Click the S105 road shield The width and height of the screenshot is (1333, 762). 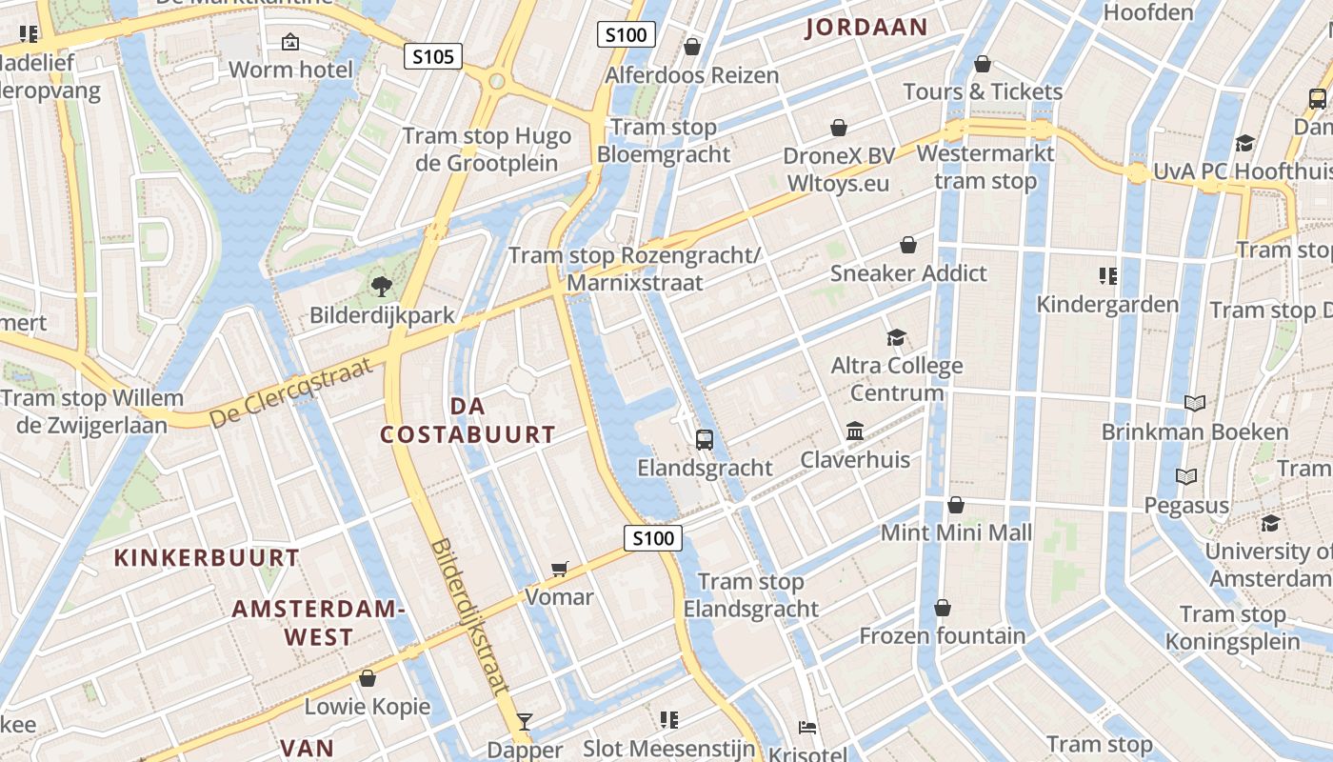(432, 57)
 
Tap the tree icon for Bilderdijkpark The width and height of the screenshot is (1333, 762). (381, 285)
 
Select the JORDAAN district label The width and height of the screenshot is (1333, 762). (865, 28)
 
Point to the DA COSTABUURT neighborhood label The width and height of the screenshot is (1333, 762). (468, 420)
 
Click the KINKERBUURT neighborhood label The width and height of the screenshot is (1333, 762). (207, 557)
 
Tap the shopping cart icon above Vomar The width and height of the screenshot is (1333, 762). (560, 569)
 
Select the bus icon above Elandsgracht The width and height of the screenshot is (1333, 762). (705, 439)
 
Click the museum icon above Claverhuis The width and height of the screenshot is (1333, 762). (855, 431)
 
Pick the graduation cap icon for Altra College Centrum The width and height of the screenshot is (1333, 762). (896, 337)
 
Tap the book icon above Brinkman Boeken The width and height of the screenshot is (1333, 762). (1194, 403)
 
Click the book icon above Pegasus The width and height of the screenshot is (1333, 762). (1186, 476)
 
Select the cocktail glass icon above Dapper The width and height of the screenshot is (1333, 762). (524, 721)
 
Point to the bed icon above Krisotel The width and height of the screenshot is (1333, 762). (807, 728)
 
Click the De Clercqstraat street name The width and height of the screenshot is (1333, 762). (289, 391)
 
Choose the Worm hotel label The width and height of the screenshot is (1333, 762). (290, 70)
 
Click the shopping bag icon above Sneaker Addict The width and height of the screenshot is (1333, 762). (908, 245)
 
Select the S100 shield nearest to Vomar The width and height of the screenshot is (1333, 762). (653, 538)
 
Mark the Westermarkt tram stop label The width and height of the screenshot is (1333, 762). (985, 167)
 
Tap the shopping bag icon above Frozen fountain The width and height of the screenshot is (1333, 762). (943, 608)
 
